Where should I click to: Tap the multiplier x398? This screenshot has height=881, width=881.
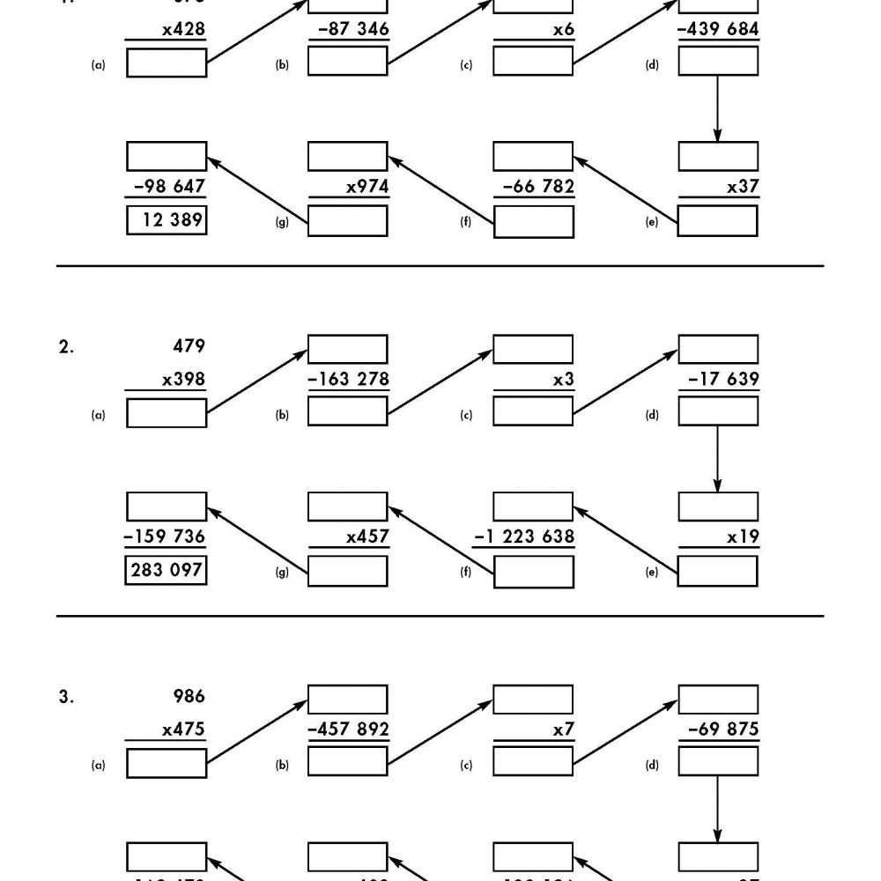(183, 380)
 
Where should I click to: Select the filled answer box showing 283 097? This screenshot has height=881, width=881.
(167, 570)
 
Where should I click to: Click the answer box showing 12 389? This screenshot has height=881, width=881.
(167, 219)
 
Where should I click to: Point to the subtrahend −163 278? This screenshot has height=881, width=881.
(348, 380)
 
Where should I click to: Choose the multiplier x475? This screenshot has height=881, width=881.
(183, 730)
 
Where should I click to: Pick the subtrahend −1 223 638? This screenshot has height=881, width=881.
(524, 537)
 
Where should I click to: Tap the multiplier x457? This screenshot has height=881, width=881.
(367, 537)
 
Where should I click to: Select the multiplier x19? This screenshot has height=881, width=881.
(743, 537)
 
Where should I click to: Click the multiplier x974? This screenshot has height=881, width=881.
(367, 187)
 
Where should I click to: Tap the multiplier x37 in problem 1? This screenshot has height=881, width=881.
(743, 187)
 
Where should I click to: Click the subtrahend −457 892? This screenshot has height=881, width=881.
(348, 730)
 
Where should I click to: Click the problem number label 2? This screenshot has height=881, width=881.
(66, 347)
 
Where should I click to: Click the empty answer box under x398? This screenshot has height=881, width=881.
(167, 412)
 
